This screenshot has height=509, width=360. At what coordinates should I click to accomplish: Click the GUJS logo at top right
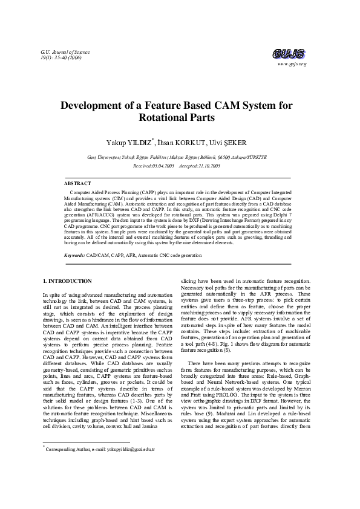coord(290,53)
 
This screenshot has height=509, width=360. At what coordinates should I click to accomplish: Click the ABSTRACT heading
coord(78,183)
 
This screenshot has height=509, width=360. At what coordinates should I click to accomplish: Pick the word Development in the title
coord(97,105)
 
